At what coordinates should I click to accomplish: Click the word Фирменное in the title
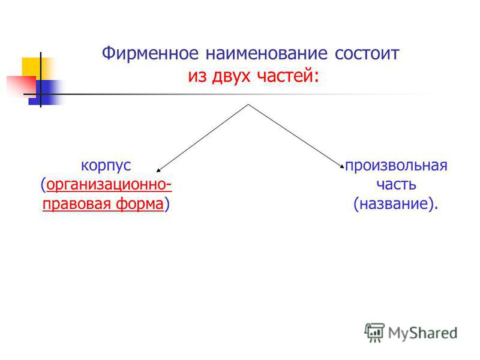[x=150, y=53]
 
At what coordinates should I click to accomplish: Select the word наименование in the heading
[x=266, y=53]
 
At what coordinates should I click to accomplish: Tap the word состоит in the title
[x=367, y=53]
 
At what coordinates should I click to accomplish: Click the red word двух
[x=231, y=76]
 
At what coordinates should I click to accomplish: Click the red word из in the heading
[x=197, y=76]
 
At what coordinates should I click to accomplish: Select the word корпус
[x=106, y=166]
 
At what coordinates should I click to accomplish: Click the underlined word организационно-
[x=109, y=185]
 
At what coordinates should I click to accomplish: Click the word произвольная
[x=396, y=166]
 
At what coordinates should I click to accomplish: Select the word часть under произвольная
[x=396, y=185]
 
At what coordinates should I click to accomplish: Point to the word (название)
[x=395, y=204]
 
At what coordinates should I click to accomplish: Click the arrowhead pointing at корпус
[x=158, y=170]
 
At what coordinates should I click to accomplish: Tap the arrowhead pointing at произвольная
[x=342, y=166]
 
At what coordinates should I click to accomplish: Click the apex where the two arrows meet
[x=248, y=104]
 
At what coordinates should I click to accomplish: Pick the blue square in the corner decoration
[x=43, y=92]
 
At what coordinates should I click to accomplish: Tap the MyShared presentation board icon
[x=374, y=332]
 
